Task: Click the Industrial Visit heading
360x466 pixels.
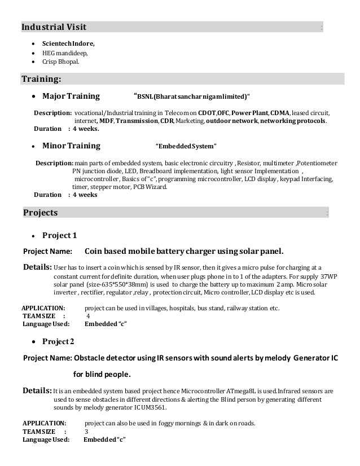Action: tap(54, 27)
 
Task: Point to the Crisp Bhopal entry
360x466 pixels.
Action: tap(61, 61)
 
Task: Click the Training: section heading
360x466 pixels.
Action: tap(41, 78)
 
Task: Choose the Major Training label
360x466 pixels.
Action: tap(71, 96)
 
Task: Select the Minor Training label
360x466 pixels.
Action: tap(71, 146)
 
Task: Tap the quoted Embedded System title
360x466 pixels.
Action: tap(186, 147)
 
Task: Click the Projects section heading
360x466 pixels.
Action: tap(40, 213)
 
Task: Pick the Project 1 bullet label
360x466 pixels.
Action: tap(59, 235)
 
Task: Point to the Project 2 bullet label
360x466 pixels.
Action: tap(59, 341)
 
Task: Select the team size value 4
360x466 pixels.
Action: tap(87, 316)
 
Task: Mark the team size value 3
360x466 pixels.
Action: tap(86, 431)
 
